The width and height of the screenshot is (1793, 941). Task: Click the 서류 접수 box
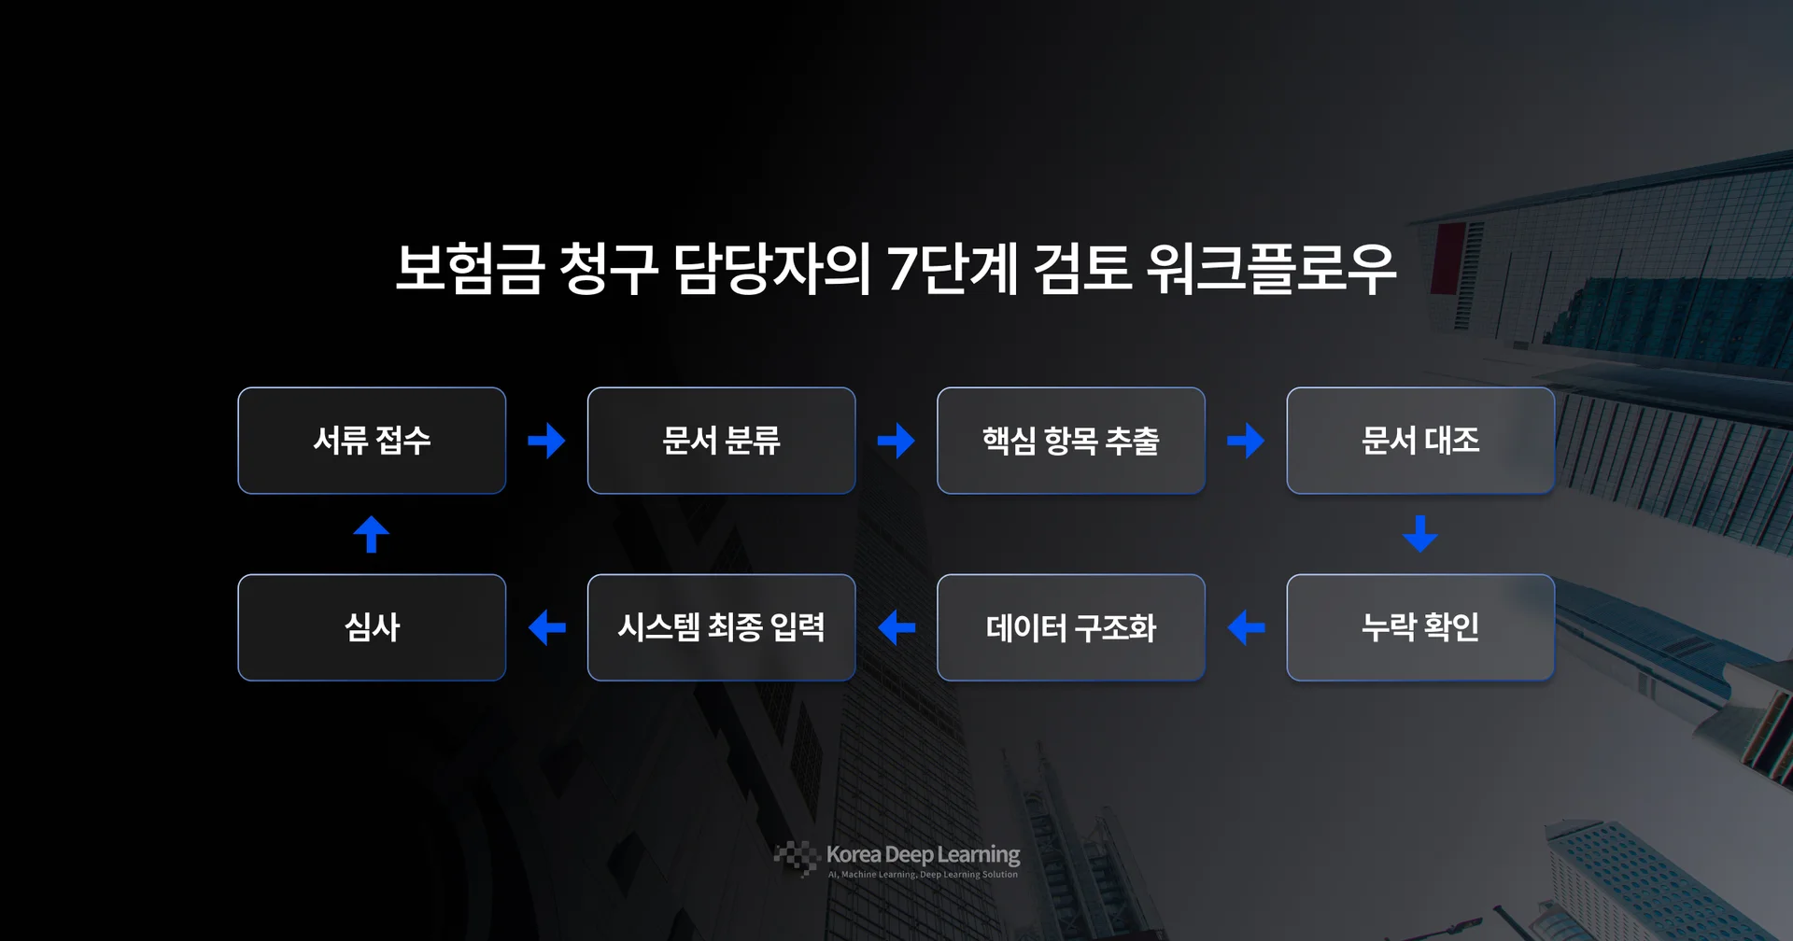(372, 441)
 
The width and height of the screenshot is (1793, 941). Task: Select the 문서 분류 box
(721, 441)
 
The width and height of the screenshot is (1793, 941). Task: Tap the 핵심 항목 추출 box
(1070, 441)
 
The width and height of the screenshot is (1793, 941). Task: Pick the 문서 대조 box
(1419, 441)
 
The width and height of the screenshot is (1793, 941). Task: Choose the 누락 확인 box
(1419, 627)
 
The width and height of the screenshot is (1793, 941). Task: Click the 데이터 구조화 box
(1070, 627)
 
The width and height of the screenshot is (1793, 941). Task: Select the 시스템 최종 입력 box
(721, 627)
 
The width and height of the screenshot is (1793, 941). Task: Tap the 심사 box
(372, 627)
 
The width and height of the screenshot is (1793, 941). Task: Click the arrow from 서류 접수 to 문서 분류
(546, 441)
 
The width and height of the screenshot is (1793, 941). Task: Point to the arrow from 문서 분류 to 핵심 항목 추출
(896, 441)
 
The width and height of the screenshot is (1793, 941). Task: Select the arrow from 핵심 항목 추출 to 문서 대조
(1246, 441)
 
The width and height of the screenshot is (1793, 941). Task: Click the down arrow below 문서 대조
(1419, 533)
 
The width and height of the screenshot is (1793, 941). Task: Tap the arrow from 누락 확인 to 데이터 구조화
(1246, 627)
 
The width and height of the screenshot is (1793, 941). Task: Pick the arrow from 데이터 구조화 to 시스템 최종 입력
(896, 627)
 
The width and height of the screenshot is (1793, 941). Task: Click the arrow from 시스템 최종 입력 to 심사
(546, 627)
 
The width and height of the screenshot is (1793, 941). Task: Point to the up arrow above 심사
(372, 534)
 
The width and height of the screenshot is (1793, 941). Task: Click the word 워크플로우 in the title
(1270, 269)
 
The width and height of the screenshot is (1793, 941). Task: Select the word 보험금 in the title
(469, 269)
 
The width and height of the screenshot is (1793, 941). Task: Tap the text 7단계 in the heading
(952, 269)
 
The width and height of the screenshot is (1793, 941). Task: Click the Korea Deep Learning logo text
(923, 854)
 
